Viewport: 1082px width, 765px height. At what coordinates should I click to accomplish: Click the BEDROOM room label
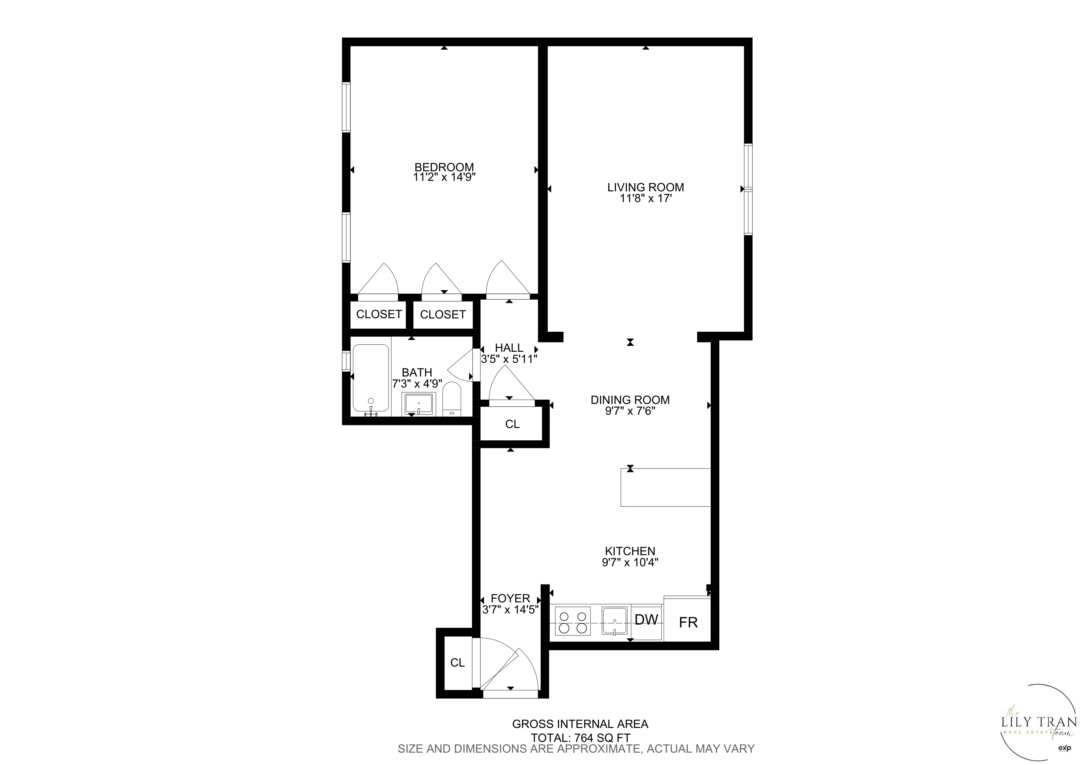pyautogui.click(x=444, y=167)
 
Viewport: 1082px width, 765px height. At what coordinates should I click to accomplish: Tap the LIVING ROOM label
pyautogui.click(x=645, y=187)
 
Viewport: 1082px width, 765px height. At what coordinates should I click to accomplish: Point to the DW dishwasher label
pyautogui.click(x=646, y=620)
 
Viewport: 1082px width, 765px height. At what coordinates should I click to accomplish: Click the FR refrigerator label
pyautogui.click(x=688, y=623)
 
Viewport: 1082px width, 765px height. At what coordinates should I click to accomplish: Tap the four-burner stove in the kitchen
pyautogui.click(x=572, y=622)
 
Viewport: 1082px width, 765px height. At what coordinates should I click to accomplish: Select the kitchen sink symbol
pyautogui.click(x=614, y=621)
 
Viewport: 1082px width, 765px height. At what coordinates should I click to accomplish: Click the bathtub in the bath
pyautogui.click(x=371, y=377)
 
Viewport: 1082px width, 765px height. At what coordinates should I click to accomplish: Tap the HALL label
pyautogui.click(x=509, y=348)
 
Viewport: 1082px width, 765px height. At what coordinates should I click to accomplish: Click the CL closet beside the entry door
pyautogui.click(x=457, y=663)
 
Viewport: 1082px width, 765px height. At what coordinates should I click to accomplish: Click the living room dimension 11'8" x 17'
pyautogui.click(x=645, y=198)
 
